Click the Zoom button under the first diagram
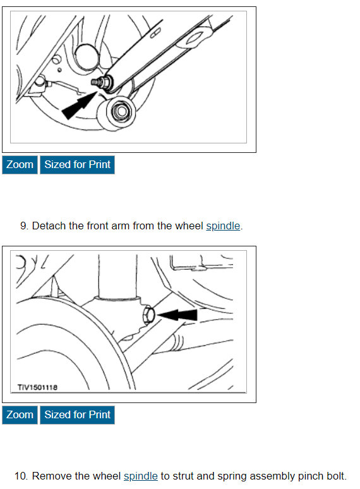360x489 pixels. click(x=20, y=165)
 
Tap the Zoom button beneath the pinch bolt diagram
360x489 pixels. click(x=20, y=415)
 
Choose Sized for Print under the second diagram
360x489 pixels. click(x=77, y=415)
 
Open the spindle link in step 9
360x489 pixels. click(x=223, y=226)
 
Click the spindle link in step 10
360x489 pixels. click(x=141, y=476)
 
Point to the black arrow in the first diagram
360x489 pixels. click(x=80, y=106)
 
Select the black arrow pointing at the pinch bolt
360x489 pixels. click(x=177, y=315)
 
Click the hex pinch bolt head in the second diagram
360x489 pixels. click(x=148, y=315)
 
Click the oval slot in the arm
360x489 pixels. click(x=155, y=33)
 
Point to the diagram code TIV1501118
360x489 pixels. click(x=37, y=387)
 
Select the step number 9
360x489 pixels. click(x=24, y=226)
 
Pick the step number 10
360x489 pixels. click(x=21, y=476)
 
